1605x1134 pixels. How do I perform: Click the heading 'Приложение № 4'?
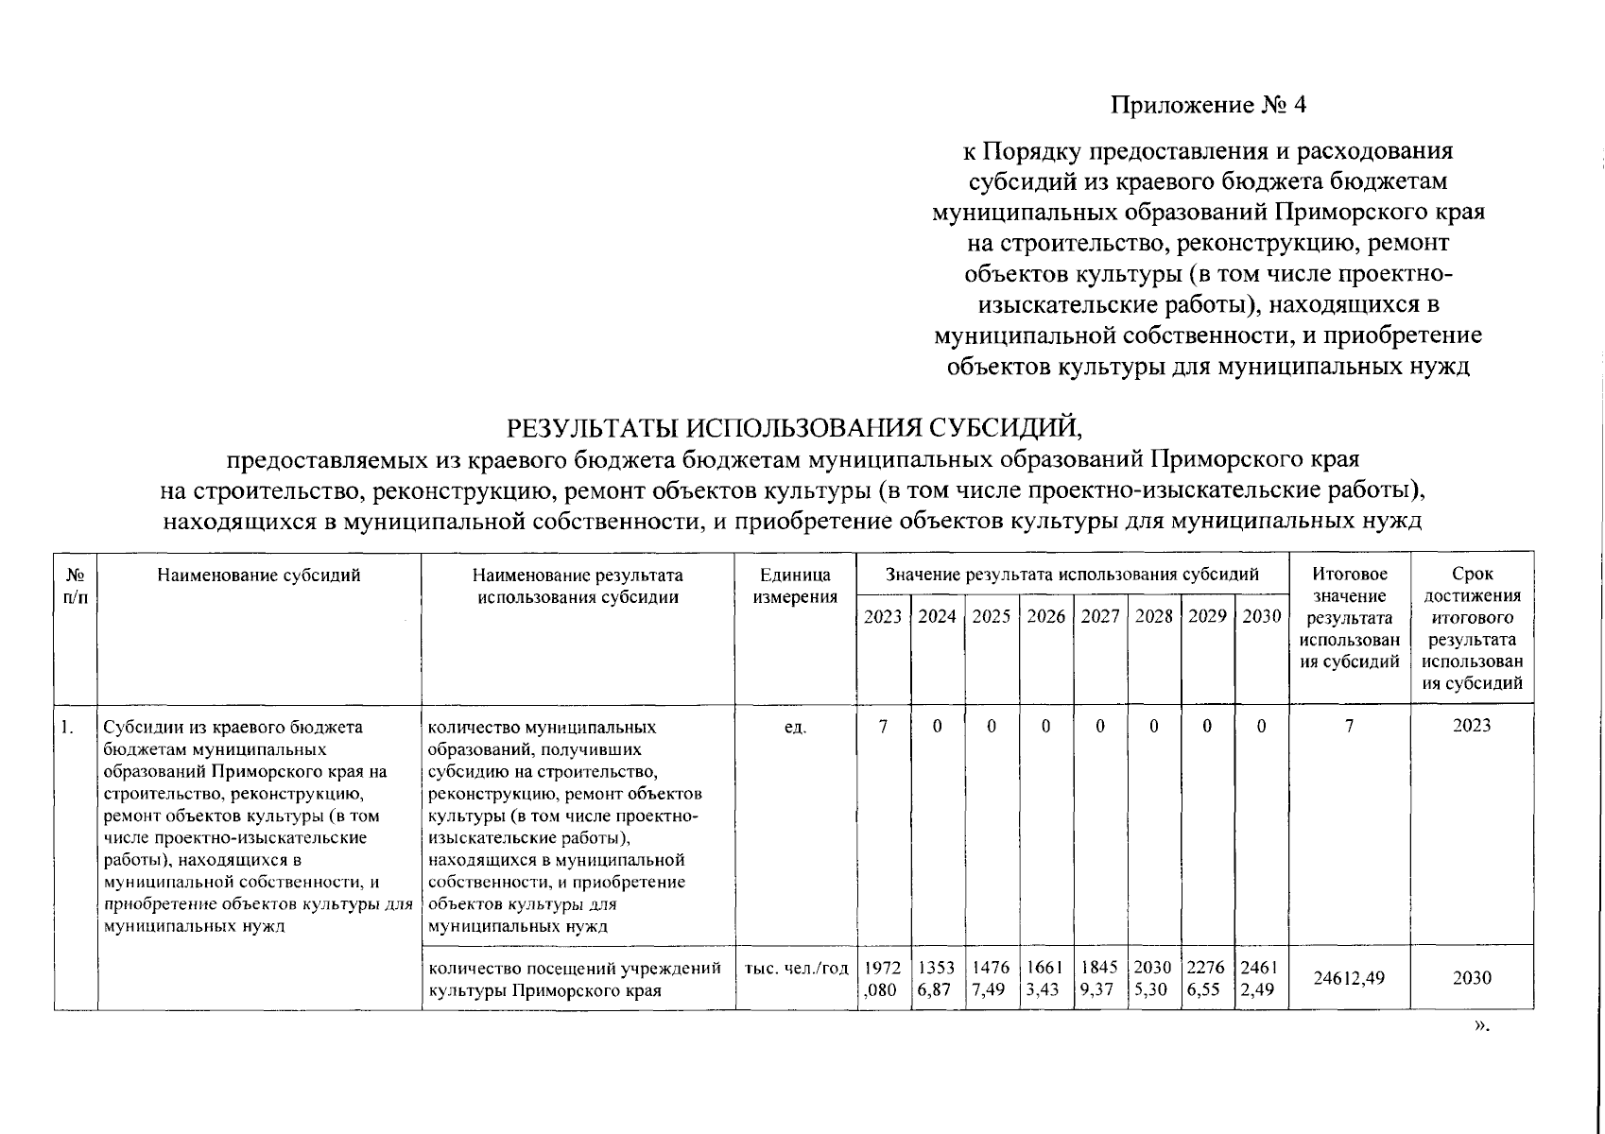(1207, 104)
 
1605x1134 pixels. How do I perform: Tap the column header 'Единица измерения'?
(795, 585)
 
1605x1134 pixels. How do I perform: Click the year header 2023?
(883, 616)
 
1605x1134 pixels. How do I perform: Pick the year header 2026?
(1045, 616)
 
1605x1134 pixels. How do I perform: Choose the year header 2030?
(1261, 616)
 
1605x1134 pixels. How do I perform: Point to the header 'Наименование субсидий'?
(259, 575)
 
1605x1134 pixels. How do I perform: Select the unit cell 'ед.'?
(795, 727)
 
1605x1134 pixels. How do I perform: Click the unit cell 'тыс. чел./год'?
(795, 968)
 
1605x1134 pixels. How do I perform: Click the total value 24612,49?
(1349, 977)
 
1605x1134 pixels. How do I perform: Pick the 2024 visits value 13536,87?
(937, 977)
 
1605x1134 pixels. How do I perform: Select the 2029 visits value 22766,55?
(1207, 977)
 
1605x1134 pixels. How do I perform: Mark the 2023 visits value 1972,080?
(883, 977)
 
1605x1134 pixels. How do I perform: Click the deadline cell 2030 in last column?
(1472, 977)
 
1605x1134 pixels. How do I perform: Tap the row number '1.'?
(67, 727)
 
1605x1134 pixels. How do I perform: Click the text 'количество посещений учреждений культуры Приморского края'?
(575, 978)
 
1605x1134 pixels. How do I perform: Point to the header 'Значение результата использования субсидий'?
(1072, 575)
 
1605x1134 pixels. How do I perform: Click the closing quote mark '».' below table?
(1481, 1027)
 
